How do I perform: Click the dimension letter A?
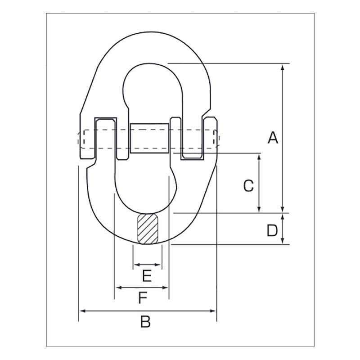click(x=273, y=138)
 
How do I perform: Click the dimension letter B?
click(x=145, y=322)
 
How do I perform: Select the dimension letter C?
click(x=248, y=185)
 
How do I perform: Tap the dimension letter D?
click(x=272, y=230)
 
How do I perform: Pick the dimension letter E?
click(x=147, y=275)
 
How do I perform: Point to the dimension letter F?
click(x=143, y=298)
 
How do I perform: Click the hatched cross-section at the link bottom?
click(x=148, y=229)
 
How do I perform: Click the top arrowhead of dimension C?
click(x=259, y=156)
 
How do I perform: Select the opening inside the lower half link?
click(x=143, y=184)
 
